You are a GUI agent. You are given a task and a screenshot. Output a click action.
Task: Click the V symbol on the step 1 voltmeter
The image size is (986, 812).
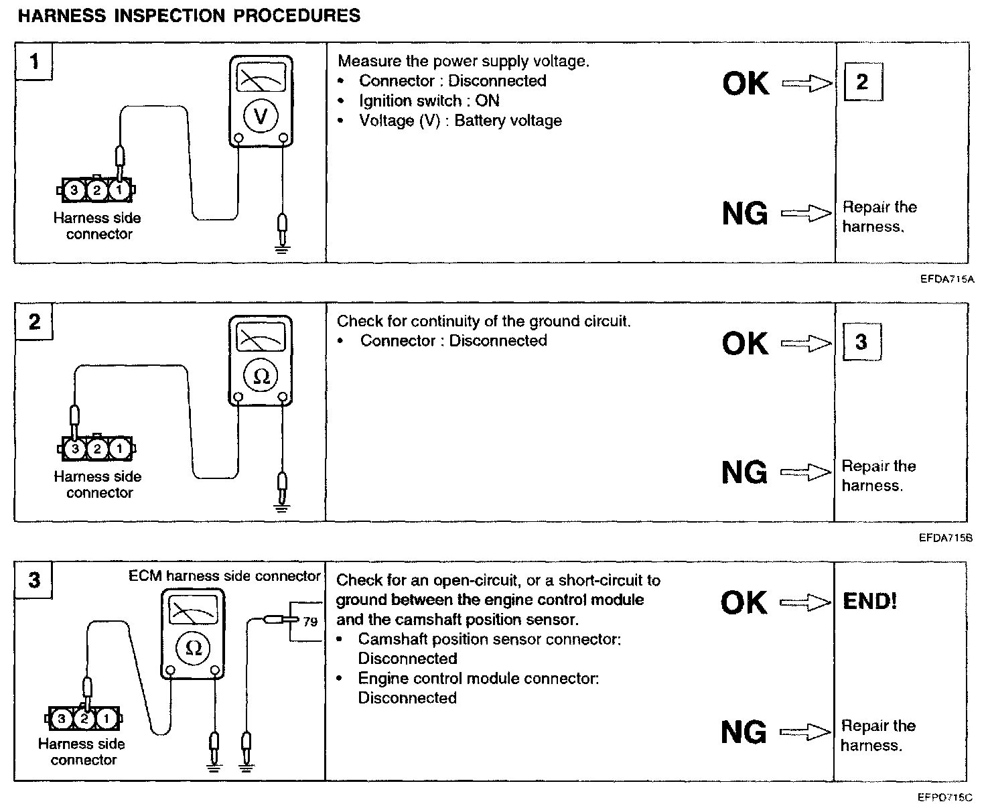[261, 116]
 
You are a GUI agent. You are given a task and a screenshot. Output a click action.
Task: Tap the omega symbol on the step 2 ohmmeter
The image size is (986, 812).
[261, 376]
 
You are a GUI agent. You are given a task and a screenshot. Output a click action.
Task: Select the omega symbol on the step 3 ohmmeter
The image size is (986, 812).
[193, 647]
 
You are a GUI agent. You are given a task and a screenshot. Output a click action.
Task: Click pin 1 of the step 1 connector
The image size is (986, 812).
[119, 190]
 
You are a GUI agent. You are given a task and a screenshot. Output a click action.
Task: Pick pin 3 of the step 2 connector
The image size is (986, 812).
[75, 449]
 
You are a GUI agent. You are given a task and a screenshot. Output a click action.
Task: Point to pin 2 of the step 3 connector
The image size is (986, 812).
[84, 720]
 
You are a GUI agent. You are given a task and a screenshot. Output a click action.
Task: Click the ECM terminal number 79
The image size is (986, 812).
[309, 622]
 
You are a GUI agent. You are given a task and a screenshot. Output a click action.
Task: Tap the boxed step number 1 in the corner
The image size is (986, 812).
[33, 62]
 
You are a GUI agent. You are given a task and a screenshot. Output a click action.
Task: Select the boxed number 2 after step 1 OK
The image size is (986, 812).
[861, 82]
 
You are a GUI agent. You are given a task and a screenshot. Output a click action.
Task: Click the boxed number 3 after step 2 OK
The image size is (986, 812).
[861, 342]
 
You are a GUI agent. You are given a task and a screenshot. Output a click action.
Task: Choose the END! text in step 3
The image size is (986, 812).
[869, 601]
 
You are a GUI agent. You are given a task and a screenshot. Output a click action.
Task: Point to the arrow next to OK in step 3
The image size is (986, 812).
[806, 602]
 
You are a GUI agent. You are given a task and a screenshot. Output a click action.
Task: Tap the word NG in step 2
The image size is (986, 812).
[744, 473]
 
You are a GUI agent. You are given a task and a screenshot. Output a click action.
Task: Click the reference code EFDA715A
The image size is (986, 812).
[946, 279]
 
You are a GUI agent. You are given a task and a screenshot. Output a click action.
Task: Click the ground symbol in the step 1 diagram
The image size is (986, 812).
[283, 250]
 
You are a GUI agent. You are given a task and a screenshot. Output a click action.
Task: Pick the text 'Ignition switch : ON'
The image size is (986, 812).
[429, 100]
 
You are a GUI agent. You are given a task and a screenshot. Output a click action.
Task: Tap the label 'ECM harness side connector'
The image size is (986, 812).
[224, 576]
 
